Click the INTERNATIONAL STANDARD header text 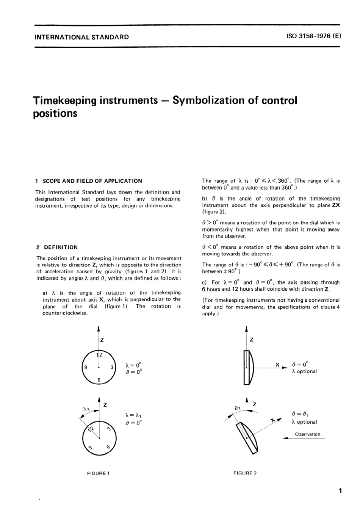point(81,37)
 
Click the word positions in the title point(55,114)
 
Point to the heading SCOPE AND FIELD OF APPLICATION point(92,181)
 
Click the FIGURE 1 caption point(99,473)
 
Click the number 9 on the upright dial point(86,367)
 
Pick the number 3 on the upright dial point(112,367)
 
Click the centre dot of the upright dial point(99,367)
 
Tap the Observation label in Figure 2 point(307,434)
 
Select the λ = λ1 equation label point(133,416)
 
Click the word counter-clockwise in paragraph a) point(65,313)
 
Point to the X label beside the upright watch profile point(277,365)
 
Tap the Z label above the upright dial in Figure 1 point(102,340)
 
